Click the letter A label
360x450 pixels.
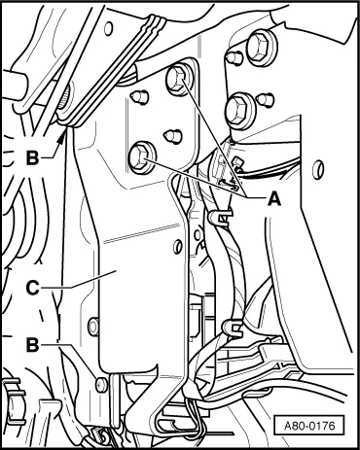[274, 197]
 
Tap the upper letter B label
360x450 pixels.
[32, 158]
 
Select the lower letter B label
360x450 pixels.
[32, 345]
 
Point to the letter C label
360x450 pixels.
[32, 288]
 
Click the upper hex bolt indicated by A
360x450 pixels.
[178, 81]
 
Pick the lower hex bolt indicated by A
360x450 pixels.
[141, 157]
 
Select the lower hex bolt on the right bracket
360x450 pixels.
[239, 111]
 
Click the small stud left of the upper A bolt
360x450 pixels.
[140, 96]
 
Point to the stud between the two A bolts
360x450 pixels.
[172, 136]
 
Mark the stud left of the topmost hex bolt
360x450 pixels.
[234, 57]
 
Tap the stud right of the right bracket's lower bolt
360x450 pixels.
[267, 99]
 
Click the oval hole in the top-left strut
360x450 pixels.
[108, 28]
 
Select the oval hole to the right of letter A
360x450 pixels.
[318, 168]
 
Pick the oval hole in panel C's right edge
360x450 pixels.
[177, 247]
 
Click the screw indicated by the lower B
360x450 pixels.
[101, 384]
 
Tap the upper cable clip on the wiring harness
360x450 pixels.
[221, 216]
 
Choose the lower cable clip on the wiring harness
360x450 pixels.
[232, 327]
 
